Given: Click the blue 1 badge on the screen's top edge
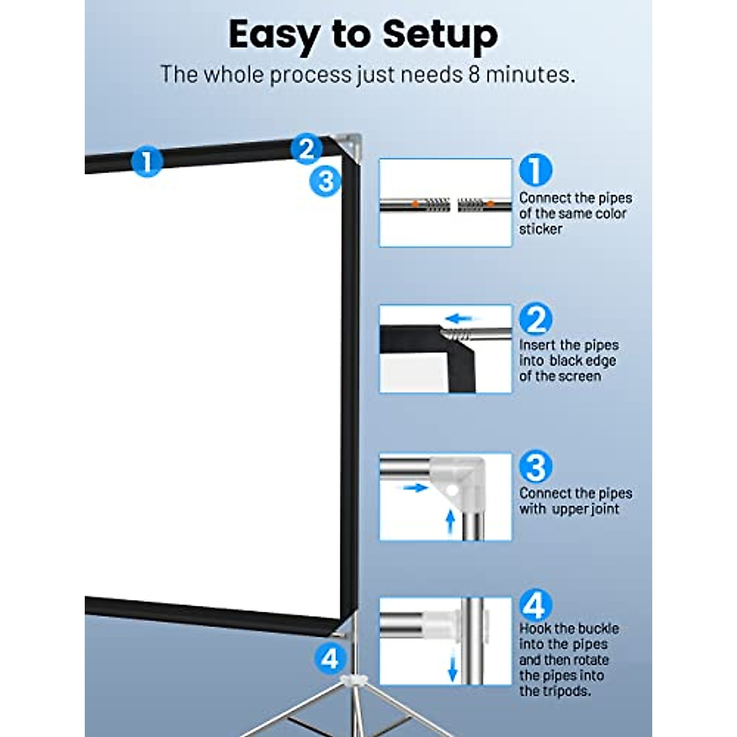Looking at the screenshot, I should (147, 162).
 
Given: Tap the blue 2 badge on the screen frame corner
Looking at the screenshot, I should (306, 149).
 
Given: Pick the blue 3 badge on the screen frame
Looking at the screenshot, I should (325, 181).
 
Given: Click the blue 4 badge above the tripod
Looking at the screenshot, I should (330, 658).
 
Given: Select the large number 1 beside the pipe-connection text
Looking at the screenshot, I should (535, 170).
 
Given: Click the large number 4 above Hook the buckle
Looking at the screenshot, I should (535, 606).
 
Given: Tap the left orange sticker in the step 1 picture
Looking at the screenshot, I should (416, 203).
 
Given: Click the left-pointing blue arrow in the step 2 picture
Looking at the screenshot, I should (459, 319).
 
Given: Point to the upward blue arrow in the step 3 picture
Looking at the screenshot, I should (450, 524).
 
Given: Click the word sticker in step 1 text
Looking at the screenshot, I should (540, 229).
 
